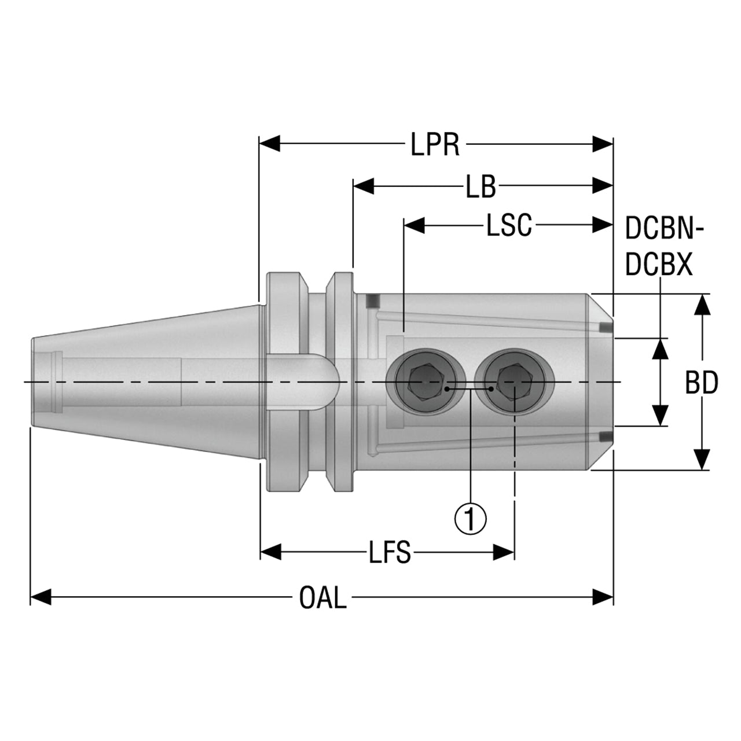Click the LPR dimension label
[435, 144]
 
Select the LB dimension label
[480, 187]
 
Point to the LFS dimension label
[390, 552]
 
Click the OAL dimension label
[323, 598]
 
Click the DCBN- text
[665, 229]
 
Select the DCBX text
[659, 265]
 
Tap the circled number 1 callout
[471, 518]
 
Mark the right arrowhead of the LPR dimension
[603, 144]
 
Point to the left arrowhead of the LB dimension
[364, 186]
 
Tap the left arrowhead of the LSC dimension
[414, 225]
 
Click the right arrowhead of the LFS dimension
[504, 552]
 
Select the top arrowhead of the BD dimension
[703, 305]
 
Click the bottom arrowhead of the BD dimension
[703, 459]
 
